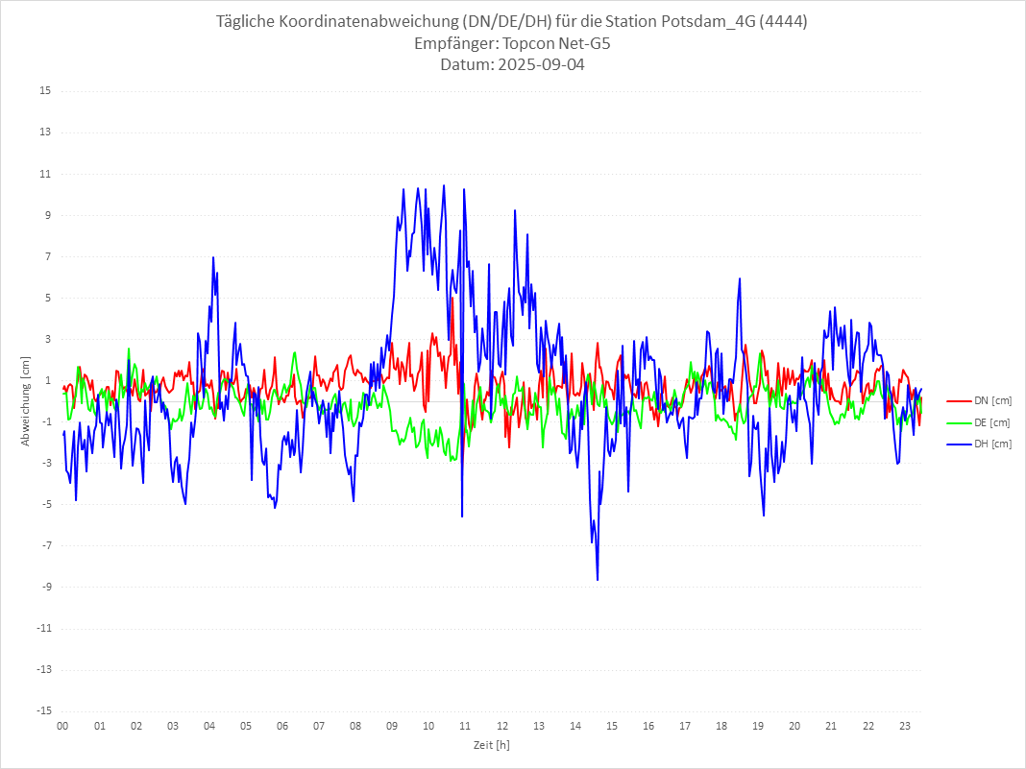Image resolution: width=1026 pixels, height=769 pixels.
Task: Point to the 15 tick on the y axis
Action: pos(45,91)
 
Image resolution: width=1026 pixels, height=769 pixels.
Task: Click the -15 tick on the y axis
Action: pos(43,711)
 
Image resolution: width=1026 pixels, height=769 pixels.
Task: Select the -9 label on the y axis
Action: pos(45,588)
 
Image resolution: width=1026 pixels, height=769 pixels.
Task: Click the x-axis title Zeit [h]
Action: pos(491,744)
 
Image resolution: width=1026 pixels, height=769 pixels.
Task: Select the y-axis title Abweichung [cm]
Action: pos(26,401)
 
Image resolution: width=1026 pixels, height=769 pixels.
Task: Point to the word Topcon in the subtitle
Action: pos(531,43)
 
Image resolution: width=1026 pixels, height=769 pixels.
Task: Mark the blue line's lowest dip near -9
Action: pos(598,580)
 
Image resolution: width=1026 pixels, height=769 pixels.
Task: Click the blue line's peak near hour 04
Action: pos(213,257)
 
